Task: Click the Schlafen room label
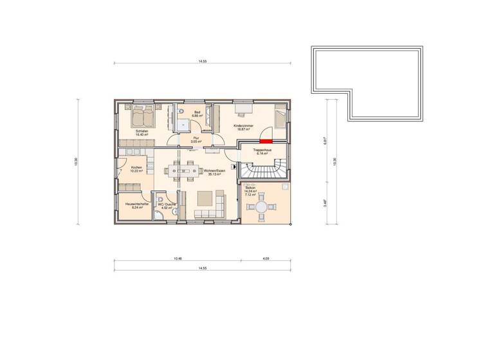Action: (142, 133)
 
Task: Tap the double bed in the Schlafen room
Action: (142, 118)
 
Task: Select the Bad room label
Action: (197, 113)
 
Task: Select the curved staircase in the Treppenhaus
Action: (263, 170)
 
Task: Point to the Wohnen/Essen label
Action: (213, 172)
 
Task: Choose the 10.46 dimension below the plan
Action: (178, 258)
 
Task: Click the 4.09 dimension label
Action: (266, 258)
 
